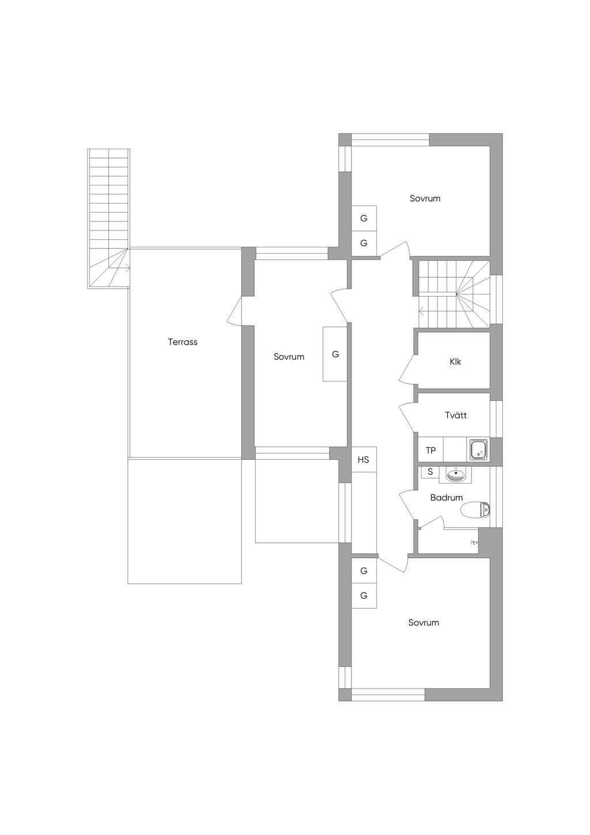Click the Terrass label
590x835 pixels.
coord(183,342)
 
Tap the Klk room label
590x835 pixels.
coord(455,361)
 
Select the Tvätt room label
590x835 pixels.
coord(456,415)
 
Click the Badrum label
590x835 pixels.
coord(447,497)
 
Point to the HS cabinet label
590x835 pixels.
coord(364,460)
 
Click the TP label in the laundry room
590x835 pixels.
coord(430,450)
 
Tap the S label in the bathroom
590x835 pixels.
coord(430,471)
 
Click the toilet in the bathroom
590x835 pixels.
coord(475,510)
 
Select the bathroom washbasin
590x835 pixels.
coord(456,474)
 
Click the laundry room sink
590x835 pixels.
coord(479,450)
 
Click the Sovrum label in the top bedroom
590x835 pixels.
coord(425,198)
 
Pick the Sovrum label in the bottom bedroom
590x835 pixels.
coord(423,622)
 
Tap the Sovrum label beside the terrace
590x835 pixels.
coord(289,356)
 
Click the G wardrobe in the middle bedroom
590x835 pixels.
coord(335,354)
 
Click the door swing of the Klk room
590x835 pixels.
coord(407,368)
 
